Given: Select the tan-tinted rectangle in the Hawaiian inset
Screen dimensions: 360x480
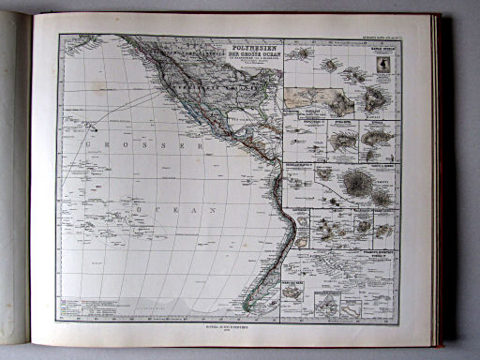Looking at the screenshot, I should (x=307, y=97).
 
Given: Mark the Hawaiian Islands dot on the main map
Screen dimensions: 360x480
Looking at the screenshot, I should (x=91, y=122).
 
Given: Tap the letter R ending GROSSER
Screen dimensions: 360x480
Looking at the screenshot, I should (x=199, y=147).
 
